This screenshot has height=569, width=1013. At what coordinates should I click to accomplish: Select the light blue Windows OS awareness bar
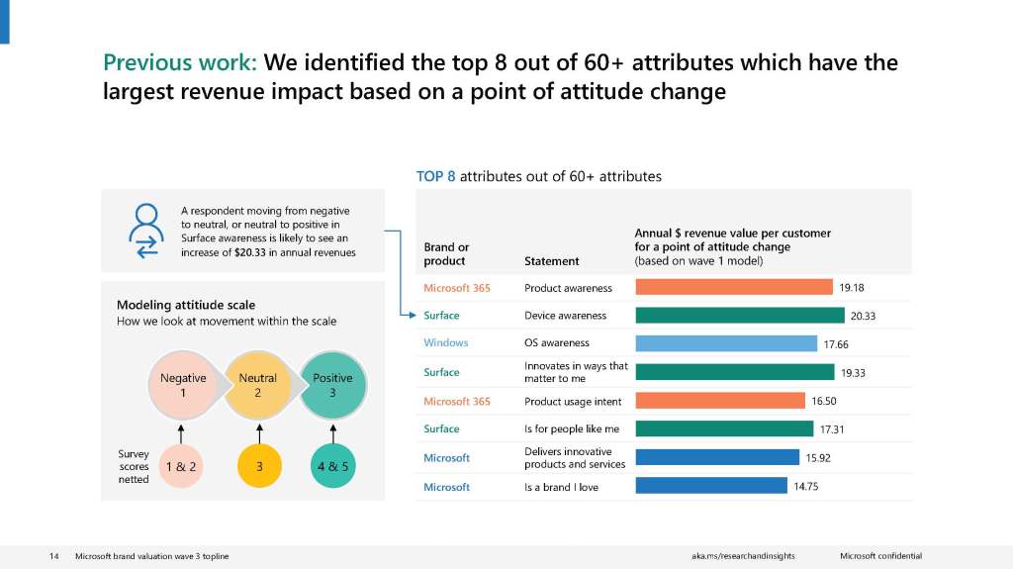coord(726,343)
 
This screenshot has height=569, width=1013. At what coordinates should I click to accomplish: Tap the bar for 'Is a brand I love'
coord(711,486)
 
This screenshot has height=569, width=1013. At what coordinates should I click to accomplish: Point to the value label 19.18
coord(852,288)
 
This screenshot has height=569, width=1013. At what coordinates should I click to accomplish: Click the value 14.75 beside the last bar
coord(805,486)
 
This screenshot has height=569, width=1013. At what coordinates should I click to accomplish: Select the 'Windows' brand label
coord(446,343)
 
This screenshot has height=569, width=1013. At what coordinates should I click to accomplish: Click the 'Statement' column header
coord(551,261)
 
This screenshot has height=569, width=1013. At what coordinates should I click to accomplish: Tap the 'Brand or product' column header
coord(446,254)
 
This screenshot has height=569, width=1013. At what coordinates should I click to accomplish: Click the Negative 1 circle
coord(183,385)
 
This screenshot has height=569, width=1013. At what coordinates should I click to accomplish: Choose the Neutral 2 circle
coord(258,385)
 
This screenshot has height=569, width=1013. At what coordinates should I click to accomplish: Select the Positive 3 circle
coord(333,385)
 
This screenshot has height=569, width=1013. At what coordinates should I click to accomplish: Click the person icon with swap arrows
coord(146,231)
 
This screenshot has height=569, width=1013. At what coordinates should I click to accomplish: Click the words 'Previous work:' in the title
coord(179,63)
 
